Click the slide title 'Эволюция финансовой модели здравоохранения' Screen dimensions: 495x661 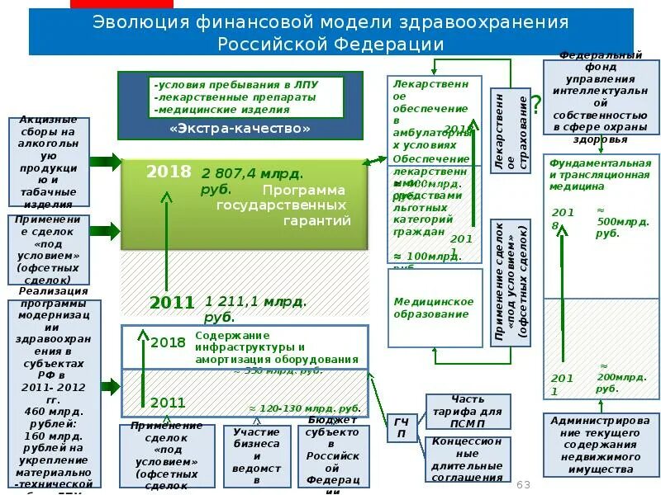pyautogui.click(x=330, y=21)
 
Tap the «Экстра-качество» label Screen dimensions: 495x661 pyautogui.click(x=240, y=129)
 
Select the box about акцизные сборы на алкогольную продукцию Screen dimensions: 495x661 pyautogui.click(x=50, y=163)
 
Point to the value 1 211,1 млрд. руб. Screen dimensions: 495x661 pyautogui.click(x=255, y=309)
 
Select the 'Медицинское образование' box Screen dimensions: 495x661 pyautogui.click(x=434, y=308)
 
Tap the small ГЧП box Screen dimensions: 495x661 pyautogui.click(x=402, y=428)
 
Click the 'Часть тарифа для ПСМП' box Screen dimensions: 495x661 pyautogui.click(x=467, y=411)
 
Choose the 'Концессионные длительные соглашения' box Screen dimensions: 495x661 pyautogui.click(x=467, y=459)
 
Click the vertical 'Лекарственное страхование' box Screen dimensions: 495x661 pyautogui.click(x=510, y=131)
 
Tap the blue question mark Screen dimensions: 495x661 pyautogui.click(x=536, y=105)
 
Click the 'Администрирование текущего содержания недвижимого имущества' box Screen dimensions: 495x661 pyautogui.click(x=601, y=445)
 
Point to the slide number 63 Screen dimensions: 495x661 pyautogui.click(x=523, y=484)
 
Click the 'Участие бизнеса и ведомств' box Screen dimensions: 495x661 pyautogui.click(x=256, y=456)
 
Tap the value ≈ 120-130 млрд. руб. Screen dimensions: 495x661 pyautogui.click(x=305, y=408)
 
